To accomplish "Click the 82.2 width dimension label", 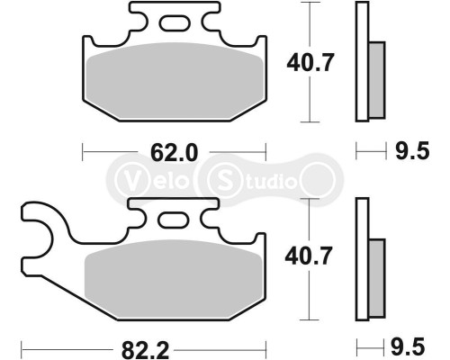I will [x=144, y=346].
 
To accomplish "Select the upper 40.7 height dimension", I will [x=310, y=63].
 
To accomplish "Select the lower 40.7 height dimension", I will [x=310, y=256].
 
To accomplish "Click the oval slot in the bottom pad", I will [x=175, y=219].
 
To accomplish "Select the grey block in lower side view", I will [x=376, y=274].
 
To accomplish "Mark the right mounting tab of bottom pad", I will [x=209, y=214].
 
